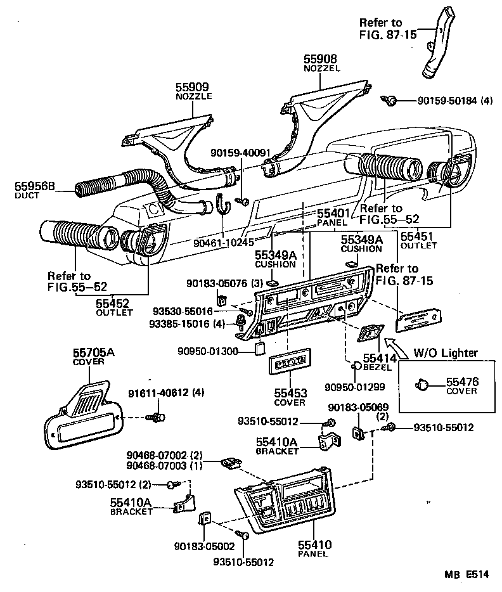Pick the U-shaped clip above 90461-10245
(222, 205)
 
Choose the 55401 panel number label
(332, 215)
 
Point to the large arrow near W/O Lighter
(396, 347)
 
